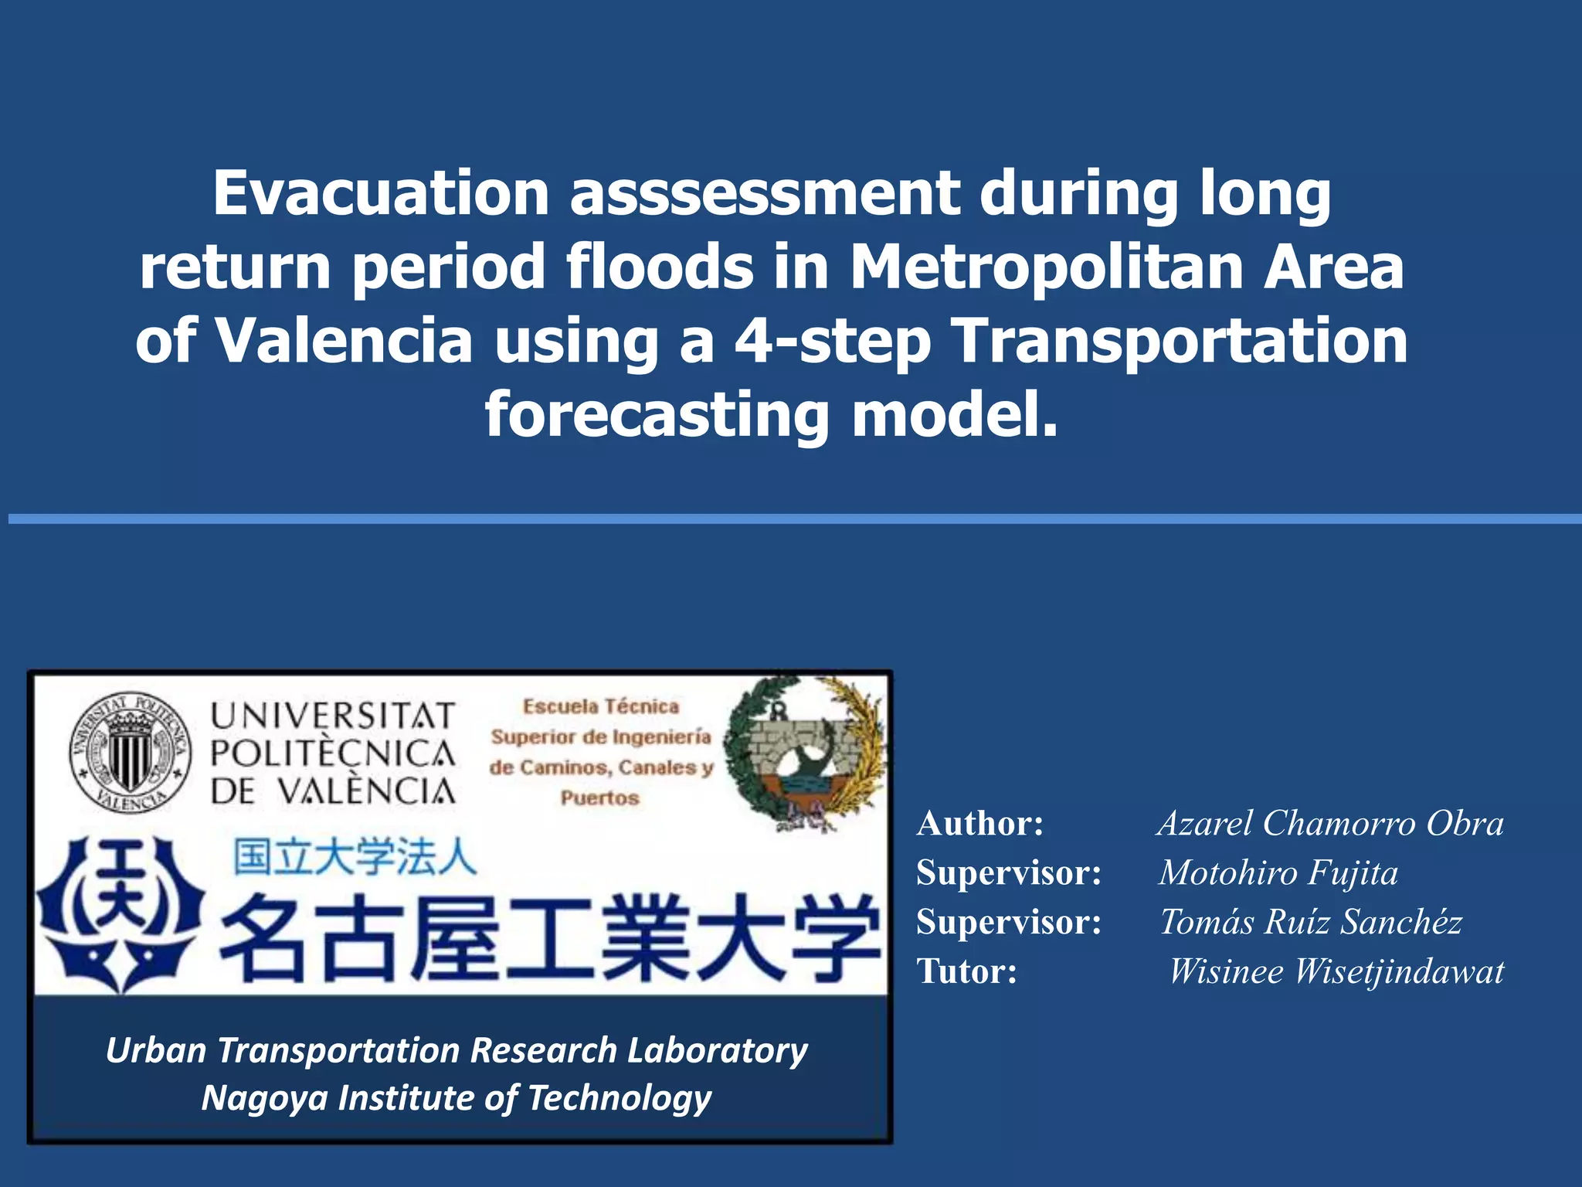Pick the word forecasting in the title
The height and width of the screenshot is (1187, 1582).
pos(657,415)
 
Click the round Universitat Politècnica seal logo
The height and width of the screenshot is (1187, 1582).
pos(130,751)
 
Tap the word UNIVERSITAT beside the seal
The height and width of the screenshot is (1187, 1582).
pos(332,716)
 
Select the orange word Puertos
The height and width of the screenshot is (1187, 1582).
pos(599,798)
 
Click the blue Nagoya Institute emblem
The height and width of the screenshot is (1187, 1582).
pos(121,916)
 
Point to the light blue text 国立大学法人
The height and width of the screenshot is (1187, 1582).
pos(355,858)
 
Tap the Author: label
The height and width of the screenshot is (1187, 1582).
pos(979,824)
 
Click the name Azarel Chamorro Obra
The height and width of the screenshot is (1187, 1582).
pos(1330,824)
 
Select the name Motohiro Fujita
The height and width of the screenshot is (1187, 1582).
pos(1278,873)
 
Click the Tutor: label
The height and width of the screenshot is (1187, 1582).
pos(966,971)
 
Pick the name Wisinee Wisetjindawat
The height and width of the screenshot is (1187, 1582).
pos(1336,971)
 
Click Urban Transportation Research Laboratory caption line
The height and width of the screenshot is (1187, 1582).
pos(457,1051)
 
